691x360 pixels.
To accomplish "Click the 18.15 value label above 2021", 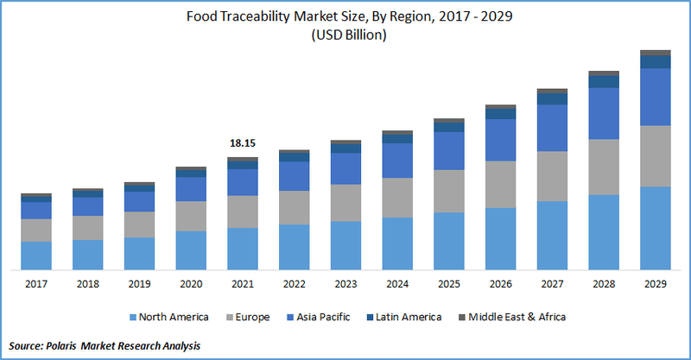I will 243,142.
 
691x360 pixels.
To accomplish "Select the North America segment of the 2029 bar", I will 656,228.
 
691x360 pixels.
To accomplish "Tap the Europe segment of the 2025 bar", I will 449,191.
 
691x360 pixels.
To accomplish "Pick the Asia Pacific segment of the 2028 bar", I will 604,113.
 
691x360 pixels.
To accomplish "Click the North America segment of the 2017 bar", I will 35,256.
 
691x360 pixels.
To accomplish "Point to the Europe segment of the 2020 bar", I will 191,216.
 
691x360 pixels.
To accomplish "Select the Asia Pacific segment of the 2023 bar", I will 345,168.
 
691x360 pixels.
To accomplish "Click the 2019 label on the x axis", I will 139,283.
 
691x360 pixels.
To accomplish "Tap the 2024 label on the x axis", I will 397,283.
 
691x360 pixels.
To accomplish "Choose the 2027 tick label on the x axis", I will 552,283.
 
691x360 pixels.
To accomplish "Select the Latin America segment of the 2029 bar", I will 656,62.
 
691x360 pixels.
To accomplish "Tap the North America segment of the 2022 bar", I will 294,247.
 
